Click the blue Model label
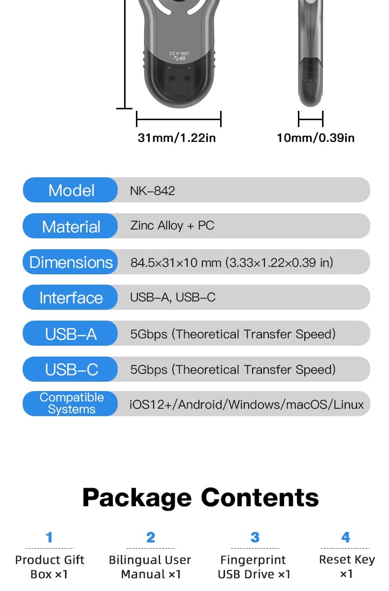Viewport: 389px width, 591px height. point(70,190)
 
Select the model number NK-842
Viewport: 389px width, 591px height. point(153,191)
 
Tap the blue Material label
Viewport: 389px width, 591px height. point(70,226)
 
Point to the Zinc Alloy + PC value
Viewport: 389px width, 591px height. point(172,226)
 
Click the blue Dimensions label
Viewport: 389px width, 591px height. point(70,262)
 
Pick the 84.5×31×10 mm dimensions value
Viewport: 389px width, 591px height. point(231,263)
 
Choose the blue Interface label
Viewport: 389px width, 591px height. point(70,297)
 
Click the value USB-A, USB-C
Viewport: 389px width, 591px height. point(173,297)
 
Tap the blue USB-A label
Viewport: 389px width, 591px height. point(70,333)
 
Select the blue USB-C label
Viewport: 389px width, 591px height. point(70,369)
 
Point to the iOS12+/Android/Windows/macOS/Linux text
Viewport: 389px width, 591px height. point(247,404)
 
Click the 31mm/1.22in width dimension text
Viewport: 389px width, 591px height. point(177,138)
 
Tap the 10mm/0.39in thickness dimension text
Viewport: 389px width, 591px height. point(316,138)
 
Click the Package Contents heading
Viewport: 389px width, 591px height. point(200,498)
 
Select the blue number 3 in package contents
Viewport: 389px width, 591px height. point(255,537)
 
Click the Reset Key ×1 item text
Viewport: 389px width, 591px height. point(347,566)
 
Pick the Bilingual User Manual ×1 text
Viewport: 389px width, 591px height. point(150,567)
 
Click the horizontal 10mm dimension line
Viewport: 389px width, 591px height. point(311,119)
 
